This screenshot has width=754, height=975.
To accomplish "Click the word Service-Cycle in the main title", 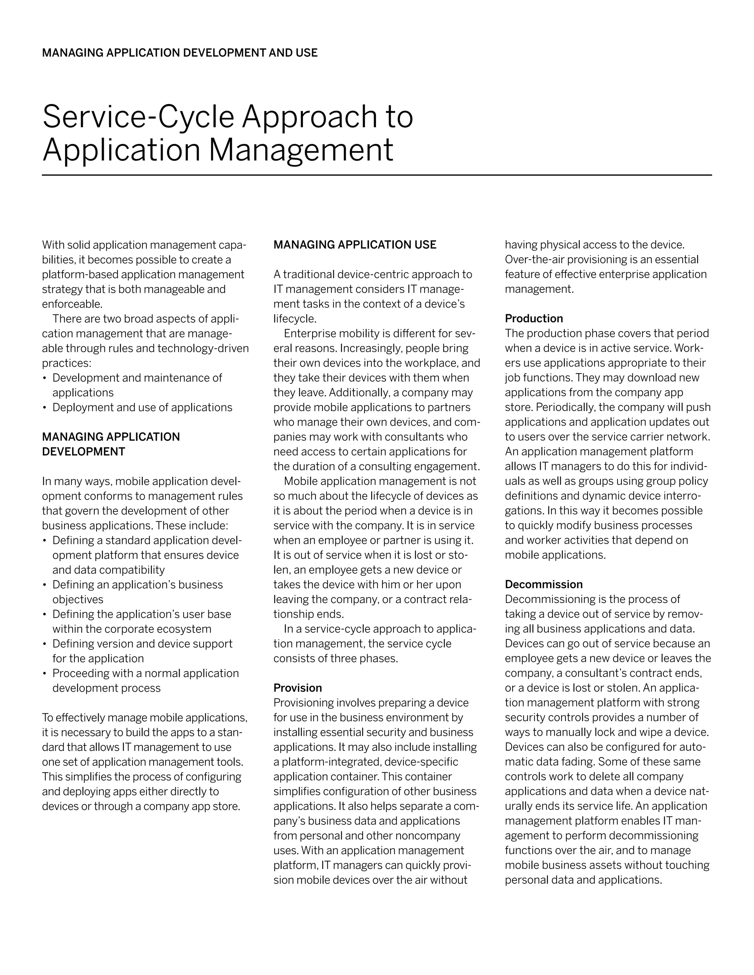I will pyautogui.click(x=138, y=117).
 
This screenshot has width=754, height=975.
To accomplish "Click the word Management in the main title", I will pyautogui.click(x=301, y=150).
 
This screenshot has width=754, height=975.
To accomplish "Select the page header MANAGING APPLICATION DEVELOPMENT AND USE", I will pyautogui.click(x=180, y=53).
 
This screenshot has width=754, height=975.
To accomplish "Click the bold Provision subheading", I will pyautogui.click(x=297, y=688).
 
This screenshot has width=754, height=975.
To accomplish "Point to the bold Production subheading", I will pyautogui.click(x=534, y=318).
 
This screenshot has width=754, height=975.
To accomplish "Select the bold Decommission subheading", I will pyautogui.click(x=544, y=584).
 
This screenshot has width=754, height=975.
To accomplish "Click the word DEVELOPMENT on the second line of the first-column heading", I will pyautogui.click(x=84, y=452).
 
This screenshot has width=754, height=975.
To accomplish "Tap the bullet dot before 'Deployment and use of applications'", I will pyautogui.click(x=45, y=408).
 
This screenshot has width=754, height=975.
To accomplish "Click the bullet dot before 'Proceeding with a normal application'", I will pyautogui.click(x=45, y=674).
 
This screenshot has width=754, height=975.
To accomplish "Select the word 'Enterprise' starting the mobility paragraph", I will pyautogui.click(x=310, y=333).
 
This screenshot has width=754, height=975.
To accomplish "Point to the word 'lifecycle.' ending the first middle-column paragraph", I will pyautogui.click(x=295, y=319).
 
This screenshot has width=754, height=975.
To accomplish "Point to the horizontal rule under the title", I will pyautogui.click(x=377, y=175).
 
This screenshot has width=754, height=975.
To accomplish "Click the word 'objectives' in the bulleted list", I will pyautogui.click(x=78, y=600).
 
